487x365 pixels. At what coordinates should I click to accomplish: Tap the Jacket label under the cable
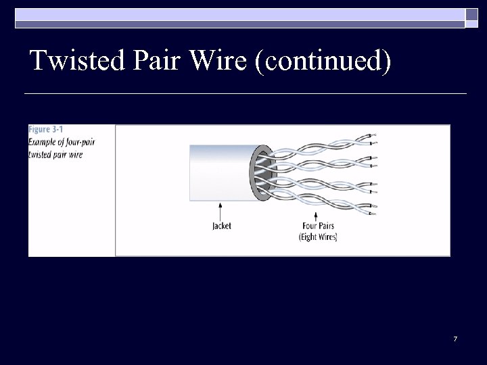(222, 226)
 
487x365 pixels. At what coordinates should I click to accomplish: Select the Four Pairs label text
(318, 226)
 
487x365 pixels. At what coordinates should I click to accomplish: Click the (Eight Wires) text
(318, 237)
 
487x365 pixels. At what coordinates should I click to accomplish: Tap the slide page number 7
(455, 338)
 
